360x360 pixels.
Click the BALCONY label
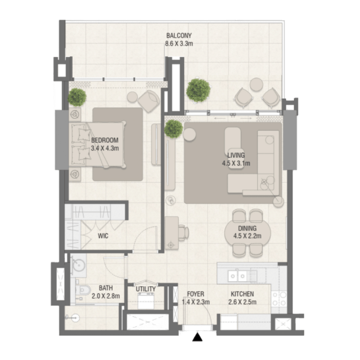click(x=179, y=35)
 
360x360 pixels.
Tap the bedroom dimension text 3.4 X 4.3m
click(x=105, y=148)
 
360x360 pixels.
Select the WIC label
click(x=103, y=236)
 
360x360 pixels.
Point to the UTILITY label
click(x=146, y=289)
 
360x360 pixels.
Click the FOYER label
click(x=196, y=294)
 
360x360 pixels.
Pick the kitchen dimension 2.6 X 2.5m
click(x=242, y=302)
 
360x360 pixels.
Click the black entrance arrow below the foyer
click(x=197, y=337)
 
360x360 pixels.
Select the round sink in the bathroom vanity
click(x=78, y=265)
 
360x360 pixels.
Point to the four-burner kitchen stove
click(x=279, y=298)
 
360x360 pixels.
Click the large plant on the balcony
click(x=198, y=90)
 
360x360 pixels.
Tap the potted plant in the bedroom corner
click(x=77, y=97)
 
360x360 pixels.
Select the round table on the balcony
click(x=256, y=85)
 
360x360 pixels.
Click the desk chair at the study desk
click(x=183, y=233)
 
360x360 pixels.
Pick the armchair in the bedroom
click(x=149, y=101)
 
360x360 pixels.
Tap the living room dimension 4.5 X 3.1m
click(x=236, y=163)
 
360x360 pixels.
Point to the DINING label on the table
click(x=247, y=228)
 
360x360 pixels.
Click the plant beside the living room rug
click(x=174, y=128)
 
